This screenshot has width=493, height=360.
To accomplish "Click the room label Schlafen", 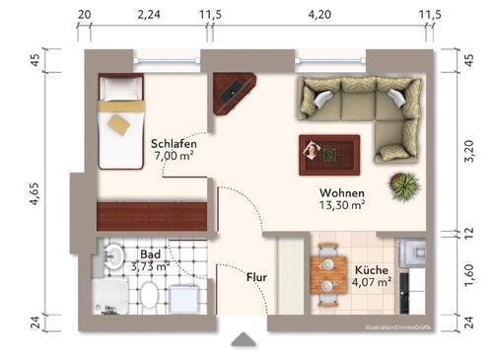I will (x=175, y=143).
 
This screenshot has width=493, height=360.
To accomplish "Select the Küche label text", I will (x=373, y=268).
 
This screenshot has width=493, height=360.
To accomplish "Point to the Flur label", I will (x=257, y=278).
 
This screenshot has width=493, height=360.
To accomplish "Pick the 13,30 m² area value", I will (x=342, y=205).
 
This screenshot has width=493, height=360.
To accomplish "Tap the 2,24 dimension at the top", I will (x=148, y=15).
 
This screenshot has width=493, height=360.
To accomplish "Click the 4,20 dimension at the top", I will (x=320, y=15).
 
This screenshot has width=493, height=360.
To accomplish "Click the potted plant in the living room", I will (x=401, y=184).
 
